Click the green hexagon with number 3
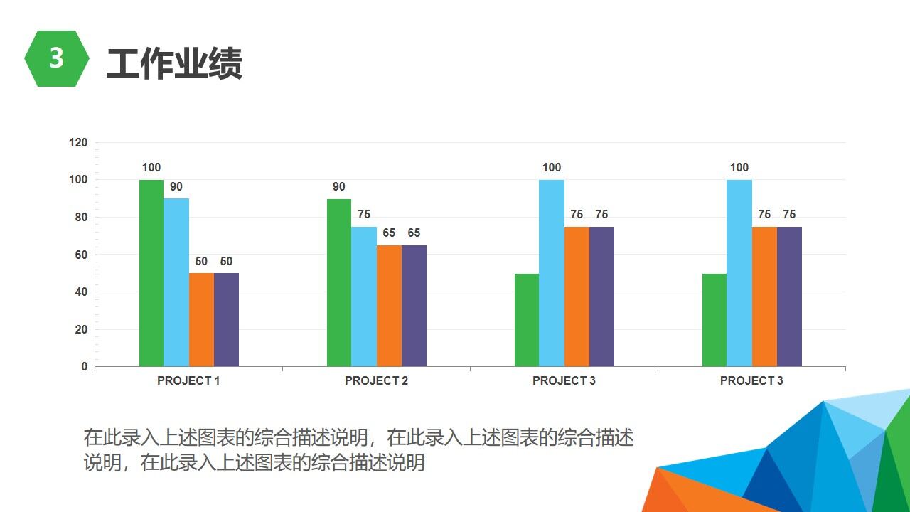tap(56, 59)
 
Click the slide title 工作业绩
tap(174, 63)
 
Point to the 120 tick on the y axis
tap(79, 143)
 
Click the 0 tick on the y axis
tap(84, 367)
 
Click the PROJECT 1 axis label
tap(188, 380)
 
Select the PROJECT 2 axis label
tap(376, 380)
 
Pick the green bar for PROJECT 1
tap(151, 274)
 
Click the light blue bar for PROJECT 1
tap(176, 283)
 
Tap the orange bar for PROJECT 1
tap(201, 320)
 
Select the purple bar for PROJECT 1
tap(226, 320)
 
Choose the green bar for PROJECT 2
tap(338, 283)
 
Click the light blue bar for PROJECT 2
tap(363, 297)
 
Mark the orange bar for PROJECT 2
tap(389, 306)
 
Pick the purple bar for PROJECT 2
tap(414, 306)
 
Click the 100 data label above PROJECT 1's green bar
tap(151, 168)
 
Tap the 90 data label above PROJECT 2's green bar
tap(338, 187)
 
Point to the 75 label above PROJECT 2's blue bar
tap(363, 215)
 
